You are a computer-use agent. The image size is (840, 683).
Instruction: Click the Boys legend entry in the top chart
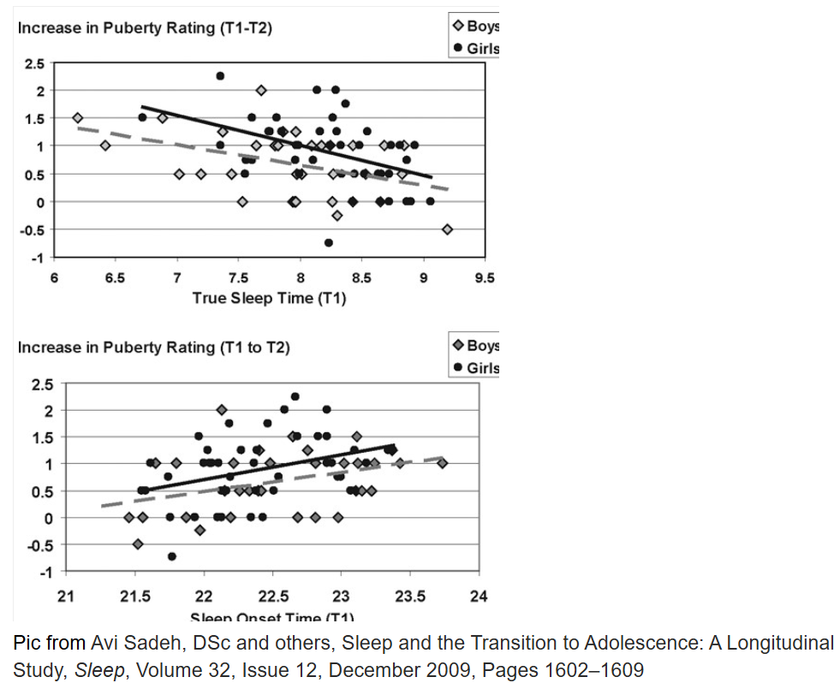pos(475,27)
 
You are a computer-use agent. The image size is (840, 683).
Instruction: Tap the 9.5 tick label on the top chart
pos(485,278)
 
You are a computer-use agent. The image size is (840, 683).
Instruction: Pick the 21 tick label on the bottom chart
pos(66,597)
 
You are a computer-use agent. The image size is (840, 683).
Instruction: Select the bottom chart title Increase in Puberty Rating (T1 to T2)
pos(154,347)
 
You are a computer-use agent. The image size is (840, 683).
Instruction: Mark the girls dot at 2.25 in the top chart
pos(220,76)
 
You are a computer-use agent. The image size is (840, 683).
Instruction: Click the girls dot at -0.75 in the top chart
pos(329,242)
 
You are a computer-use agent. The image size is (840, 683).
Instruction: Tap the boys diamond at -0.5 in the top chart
pos(447,229)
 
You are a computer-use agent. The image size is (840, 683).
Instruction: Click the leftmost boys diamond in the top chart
pos(78,118)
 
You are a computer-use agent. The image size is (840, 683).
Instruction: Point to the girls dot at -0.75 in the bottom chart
pos(172,556)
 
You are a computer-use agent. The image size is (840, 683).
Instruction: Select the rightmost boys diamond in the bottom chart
pos(443,463)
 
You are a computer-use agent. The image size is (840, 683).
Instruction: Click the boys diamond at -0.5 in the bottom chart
pos(138,544)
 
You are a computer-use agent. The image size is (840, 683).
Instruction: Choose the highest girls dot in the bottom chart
pos(295,396)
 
